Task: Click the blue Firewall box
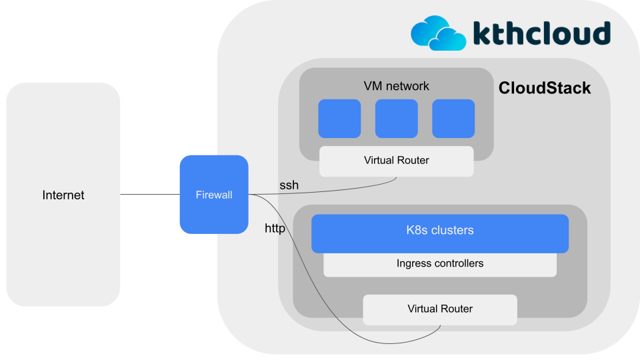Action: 214,195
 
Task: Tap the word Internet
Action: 63,195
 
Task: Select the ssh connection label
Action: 289,185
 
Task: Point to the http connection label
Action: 275,229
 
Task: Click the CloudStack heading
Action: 545,88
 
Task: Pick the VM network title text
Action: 396,86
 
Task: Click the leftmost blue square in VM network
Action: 339,119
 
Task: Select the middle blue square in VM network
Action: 396,119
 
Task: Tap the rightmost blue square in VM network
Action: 453,119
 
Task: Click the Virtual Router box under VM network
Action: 396,161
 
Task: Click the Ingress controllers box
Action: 440,264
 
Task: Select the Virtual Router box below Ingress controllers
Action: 440,309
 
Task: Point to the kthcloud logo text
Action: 541,33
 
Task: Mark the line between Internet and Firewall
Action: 150,195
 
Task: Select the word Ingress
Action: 413,263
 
